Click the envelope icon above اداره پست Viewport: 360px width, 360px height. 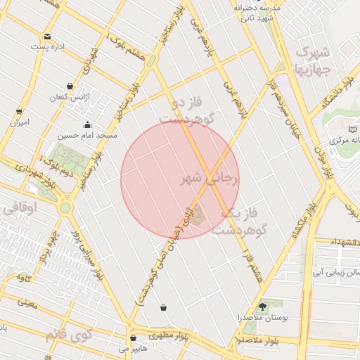(47, 36)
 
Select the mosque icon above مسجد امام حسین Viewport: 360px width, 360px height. (86, 124)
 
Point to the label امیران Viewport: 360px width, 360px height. (20, 122)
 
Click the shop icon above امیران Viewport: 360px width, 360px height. (19, 111)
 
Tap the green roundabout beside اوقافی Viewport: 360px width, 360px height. (65, 207)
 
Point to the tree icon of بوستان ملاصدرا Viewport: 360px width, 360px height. (263, 306)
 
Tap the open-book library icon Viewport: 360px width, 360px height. (353, 129)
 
